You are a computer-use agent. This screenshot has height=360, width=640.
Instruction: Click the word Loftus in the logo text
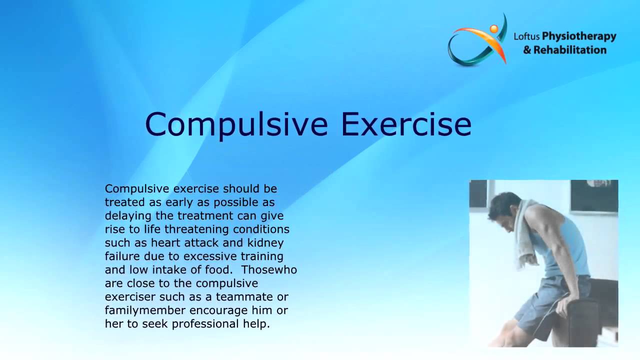526,36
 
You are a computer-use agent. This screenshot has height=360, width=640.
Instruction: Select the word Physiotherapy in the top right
579,37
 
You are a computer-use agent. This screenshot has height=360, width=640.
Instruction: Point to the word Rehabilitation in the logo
569,50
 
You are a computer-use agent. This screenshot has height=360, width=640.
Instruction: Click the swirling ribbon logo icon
477,42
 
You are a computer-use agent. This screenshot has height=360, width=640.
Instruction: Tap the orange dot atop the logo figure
494,28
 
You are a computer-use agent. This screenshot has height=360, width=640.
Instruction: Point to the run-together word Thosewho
276,270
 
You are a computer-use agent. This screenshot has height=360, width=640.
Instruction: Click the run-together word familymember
138,310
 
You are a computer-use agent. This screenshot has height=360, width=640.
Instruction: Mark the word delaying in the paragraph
125,216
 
